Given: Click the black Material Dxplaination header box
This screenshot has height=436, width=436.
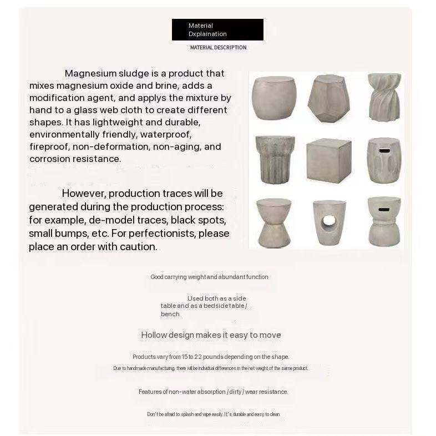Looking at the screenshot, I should [x=217, y=29].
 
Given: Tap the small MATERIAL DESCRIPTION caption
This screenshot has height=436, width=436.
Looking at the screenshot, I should [x=218, y=48].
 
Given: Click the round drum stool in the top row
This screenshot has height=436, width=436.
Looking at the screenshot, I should [x=274, y=97].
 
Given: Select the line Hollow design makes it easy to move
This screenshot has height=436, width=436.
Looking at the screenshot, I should [x=211, y=335].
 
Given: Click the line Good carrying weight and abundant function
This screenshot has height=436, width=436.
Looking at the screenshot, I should [x=209, y=277].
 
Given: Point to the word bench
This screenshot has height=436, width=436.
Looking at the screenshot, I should [x=170, y=315].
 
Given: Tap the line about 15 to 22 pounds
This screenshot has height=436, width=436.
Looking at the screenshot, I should [x=211, y=357].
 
